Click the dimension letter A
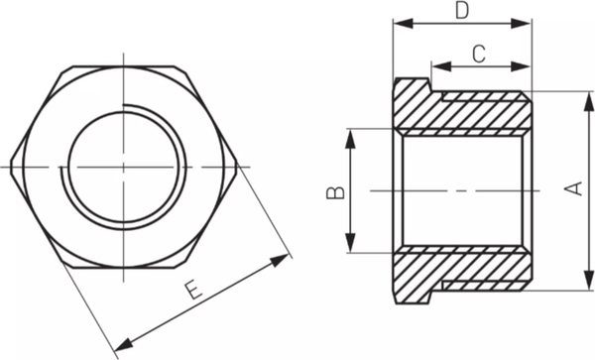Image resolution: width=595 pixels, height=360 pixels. (574, 188)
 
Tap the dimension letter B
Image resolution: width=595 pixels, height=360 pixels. (336, 188)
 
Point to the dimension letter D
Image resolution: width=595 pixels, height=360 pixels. (461, 11)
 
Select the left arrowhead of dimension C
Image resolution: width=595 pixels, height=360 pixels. (437, 67)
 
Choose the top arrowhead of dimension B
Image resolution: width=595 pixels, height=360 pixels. (350, 134)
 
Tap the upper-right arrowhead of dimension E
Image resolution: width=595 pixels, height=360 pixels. (285, 258)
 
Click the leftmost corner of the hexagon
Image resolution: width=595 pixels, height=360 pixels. (13, 166)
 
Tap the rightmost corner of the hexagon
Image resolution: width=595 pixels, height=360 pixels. (237, 166)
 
